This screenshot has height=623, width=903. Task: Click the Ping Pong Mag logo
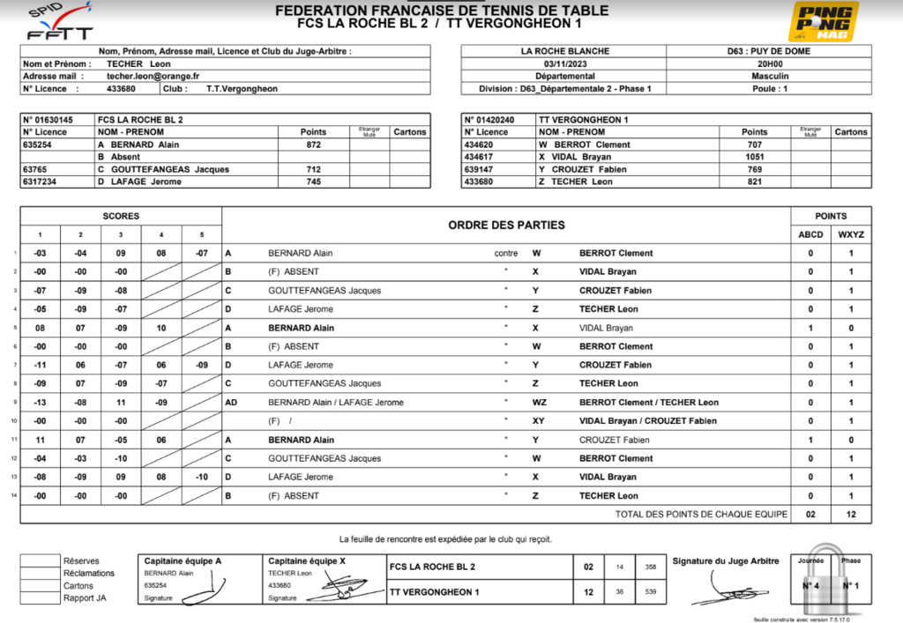coord(824,21)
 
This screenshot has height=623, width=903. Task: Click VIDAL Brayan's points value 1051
coord(754,157)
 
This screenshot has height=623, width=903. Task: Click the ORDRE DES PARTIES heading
coord(506,225)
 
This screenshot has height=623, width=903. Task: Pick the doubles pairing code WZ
coord(538,403)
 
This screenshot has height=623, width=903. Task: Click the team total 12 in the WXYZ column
coord(851,514)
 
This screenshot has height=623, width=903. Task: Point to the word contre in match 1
coord(506,253)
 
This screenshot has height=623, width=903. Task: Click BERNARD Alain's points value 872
coord(313,145)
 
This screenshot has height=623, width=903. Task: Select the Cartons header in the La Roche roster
coord(409,132)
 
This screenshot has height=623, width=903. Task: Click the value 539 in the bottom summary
coord(651,592)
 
